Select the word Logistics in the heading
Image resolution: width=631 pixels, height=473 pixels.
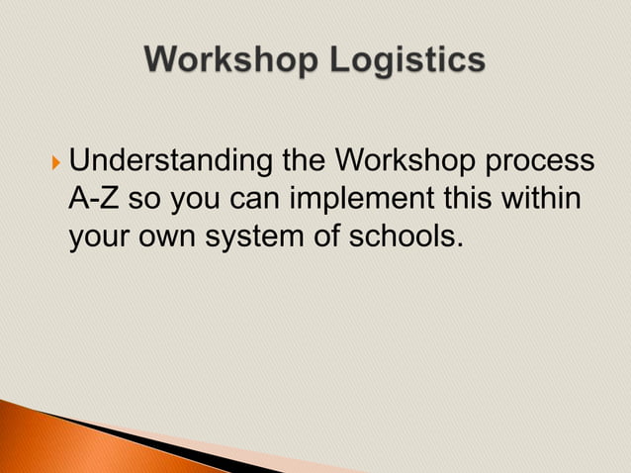click(x=407, y=61)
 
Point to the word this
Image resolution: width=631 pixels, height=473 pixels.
click(x=463, y=199)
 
